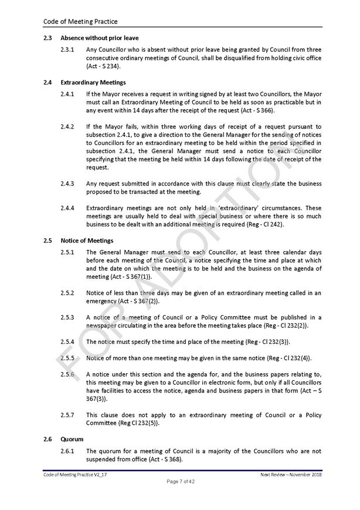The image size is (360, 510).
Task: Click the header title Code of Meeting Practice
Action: (x=80, y=22)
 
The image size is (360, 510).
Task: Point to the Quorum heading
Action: (x=72, y=439)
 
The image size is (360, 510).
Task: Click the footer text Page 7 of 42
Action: (x=180, y=482)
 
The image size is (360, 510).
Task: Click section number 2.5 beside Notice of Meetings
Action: (x=47, y=241)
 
